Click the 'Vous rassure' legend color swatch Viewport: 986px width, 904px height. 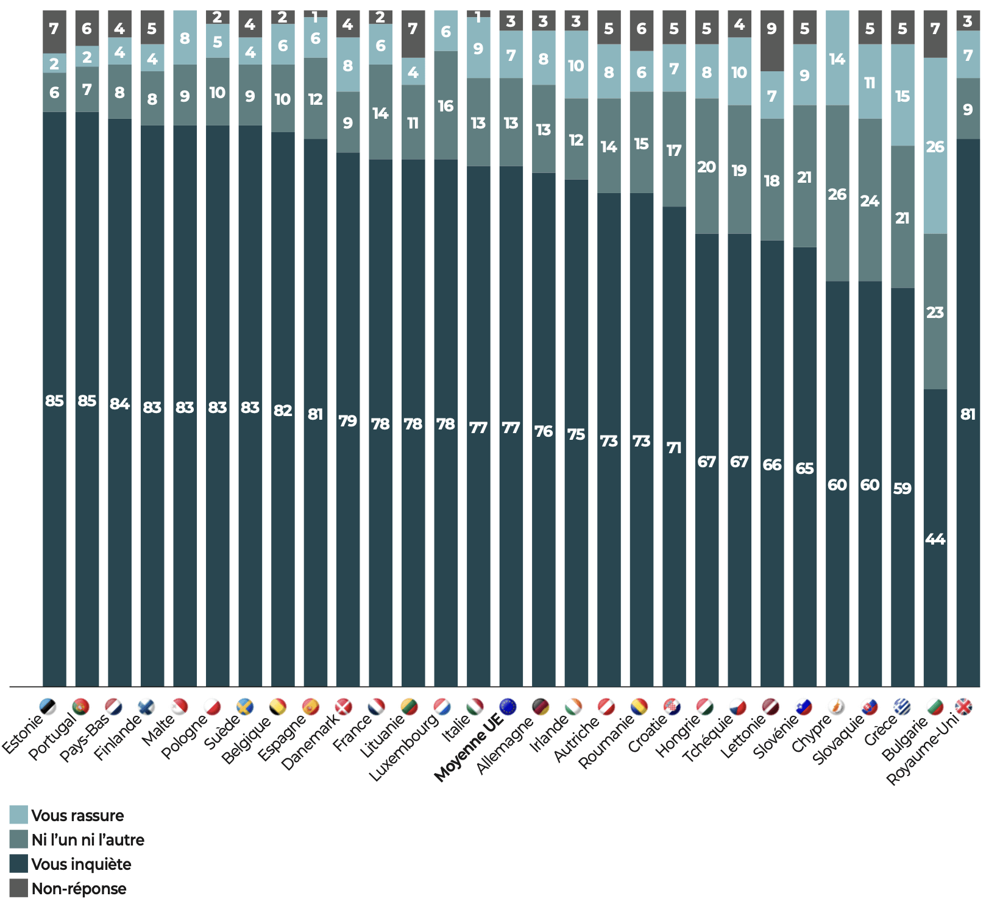18,814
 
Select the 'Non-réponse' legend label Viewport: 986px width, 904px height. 79,888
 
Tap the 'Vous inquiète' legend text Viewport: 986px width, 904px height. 81,864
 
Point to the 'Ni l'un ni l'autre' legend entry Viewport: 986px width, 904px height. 88,839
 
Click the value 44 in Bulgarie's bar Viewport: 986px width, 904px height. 935,539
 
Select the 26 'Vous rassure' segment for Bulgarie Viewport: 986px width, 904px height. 935,146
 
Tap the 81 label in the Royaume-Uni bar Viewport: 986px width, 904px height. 968,414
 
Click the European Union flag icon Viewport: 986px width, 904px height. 508,707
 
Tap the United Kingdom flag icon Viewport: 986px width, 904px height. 963,707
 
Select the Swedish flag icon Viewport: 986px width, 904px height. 245,707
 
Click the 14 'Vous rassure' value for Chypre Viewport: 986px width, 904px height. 837,59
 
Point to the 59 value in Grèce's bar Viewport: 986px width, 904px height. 902,488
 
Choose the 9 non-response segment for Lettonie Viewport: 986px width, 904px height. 771,29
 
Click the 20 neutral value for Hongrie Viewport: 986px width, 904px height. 706,166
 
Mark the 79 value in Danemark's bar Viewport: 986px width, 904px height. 347,421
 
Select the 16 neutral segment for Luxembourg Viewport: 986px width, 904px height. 445,106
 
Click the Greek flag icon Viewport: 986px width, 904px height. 902,707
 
